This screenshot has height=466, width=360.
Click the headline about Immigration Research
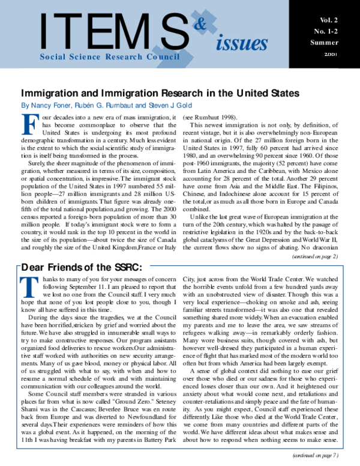click(x=160, y=94)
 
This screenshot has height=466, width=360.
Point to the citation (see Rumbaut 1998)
click(x=210, y=116)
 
